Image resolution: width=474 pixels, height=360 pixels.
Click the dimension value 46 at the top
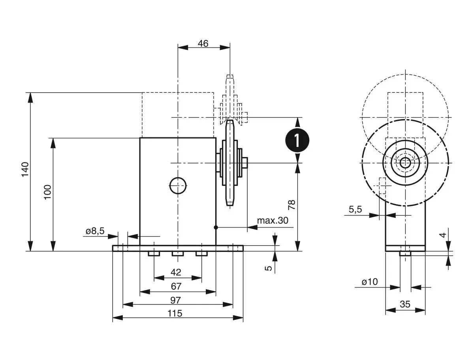click(203, 43)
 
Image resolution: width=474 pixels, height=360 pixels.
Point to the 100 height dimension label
click(48, 192)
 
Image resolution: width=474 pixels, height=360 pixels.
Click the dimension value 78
click(292, 204)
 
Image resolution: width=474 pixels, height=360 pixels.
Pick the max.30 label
click(273, 220)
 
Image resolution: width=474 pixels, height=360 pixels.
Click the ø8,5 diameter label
click(95, 231)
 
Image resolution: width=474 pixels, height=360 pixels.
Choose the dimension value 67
click(176, 286)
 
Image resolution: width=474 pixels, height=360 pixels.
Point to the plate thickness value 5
click(269, 268)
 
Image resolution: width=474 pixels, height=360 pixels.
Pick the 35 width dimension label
click(405, 304)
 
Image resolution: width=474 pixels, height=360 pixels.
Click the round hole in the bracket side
click(178, 185)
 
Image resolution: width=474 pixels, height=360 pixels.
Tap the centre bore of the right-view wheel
click(405, 163)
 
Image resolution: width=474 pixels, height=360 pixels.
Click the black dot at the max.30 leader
click(216, 227)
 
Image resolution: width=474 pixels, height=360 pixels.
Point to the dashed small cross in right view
click(382, 185)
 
